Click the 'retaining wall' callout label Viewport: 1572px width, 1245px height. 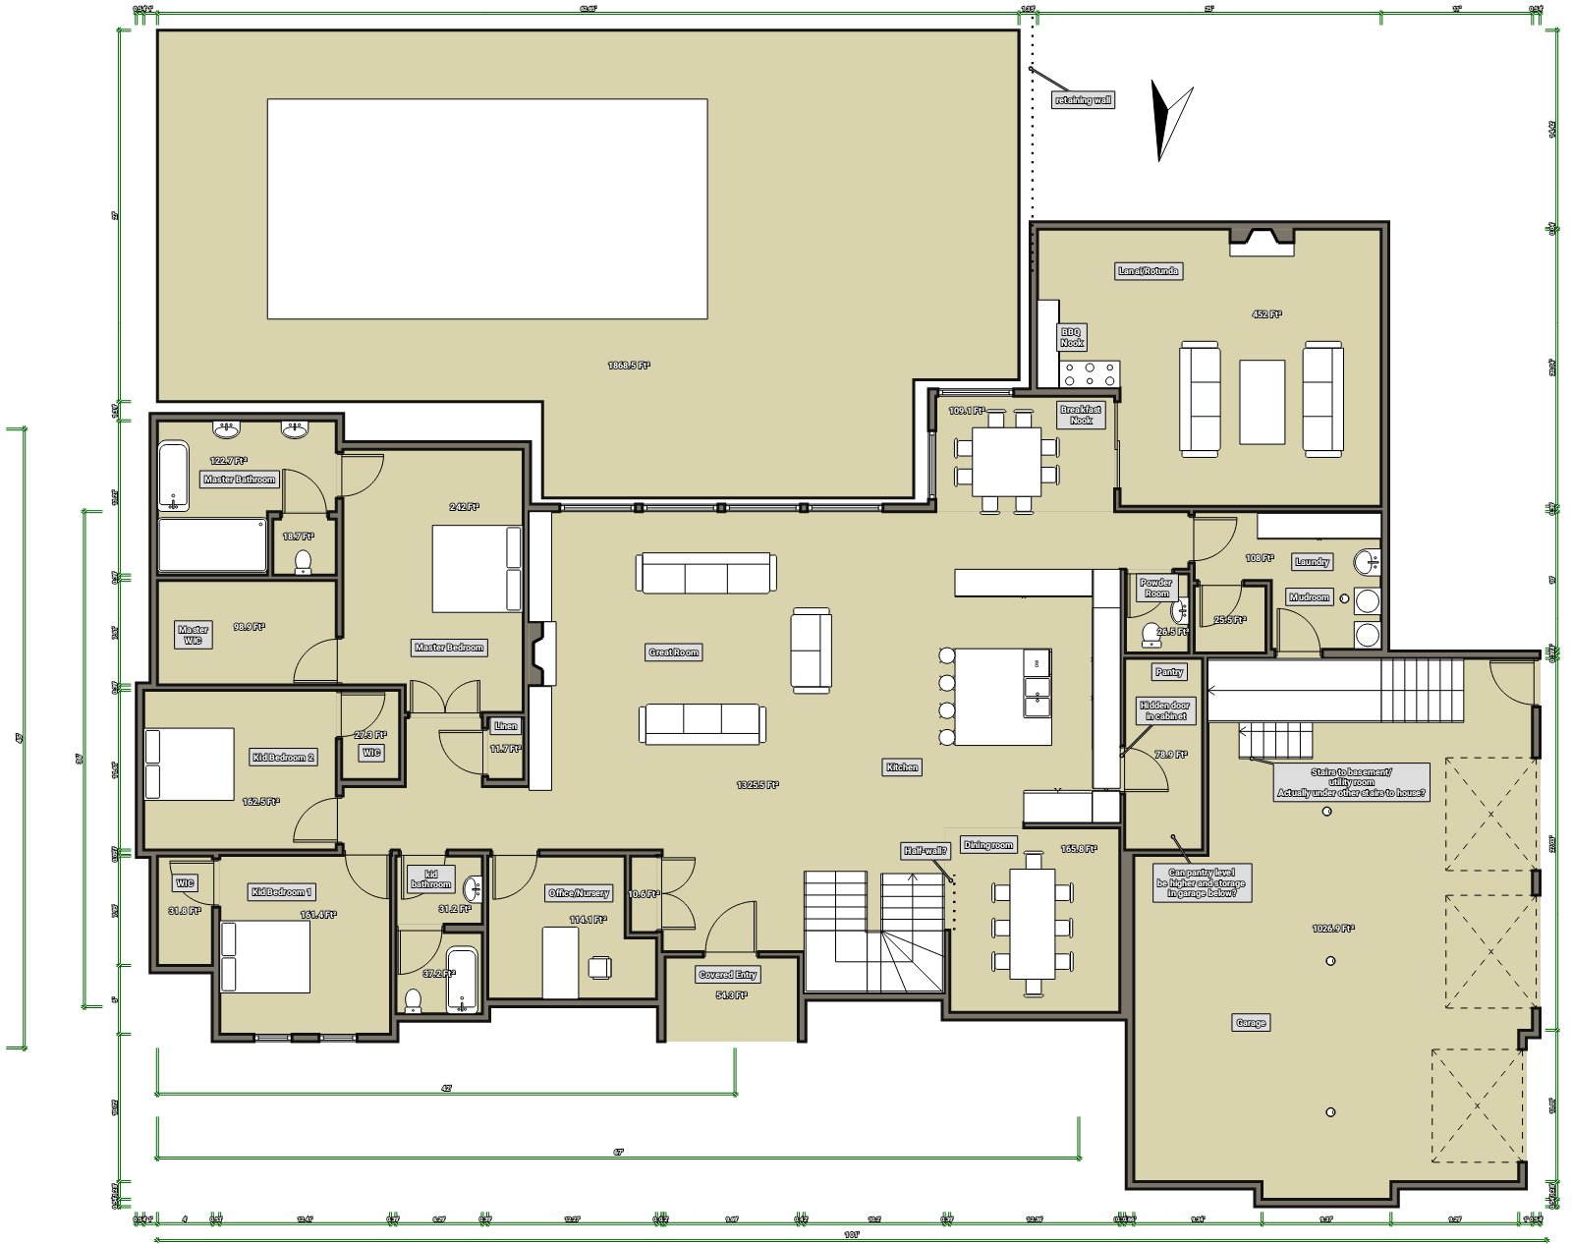click(x=1082, y=100)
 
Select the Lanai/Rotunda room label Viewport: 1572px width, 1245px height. click(x=1148, y=271)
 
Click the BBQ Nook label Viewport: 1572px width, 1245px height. click(x=1071, y=337)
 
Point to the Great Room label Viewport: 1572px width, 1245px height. click(x=674, y=652)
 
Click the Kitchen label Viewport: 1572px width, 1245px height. click(x=902, y=767)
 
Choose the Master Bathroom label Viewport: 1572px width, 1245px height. click(x=240, y=480)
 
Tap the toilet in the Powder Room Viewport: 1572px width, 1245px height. click(x=1151, y=636)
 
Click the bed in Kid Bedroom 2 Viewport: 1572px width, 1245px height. click(x=189, y=764)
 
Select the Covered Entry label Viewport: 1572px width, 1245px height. click(x=728, y=975)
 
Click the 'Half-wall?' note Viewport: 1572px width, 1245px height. click(x=926, y=851)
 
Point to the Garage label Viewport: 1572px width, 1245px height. click(x=1250, y=1023)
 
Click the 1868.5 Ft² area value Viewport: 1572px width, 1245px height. click(x=629, y=366)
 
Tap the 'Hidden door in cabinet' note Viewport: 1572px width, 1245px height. click(x=1164, y=710)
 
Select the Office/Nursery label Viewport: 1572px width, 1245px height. click(x=579, y=893)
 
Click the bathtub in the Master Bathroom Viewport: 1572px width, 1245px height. click(x=174, y=477)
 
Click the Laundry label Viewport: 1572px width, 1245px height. click(x=1312, y=562)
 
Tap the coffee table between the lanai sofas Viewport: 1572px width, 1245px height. click(x=1262, y=402)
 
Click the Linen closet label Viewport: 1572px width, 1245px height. click(x=506, y=726)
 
